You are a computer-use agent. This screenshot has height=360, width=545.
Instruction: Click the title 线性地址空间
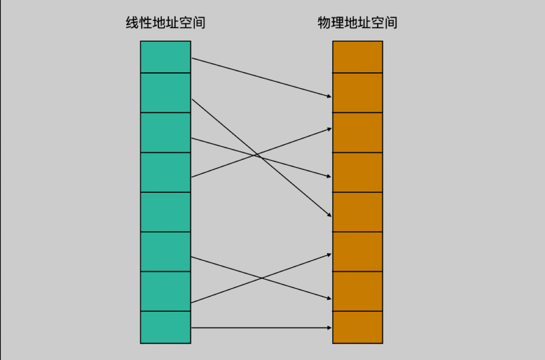tap(165, 22)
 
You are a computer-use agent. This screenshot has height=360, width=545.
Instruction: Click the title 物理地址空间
tap(357, 22)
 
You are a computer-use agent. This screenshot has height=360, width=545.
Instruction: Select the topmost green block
tap(165, 57)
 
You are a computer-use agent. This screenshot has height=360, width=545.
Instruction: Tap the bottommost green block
tap(165, 328)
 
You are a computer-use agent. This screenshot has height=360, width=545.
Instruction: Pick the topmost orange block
tap(358, 57)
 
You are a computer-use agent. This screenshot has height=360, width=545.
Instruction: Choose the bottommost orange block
tap(358, 328)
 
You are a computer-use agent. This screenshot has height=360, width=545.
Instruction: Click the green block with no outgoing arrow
tap(165, 212)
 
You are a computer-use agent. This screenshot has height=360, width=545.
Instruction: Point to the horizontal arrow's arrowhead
tap(329, 328)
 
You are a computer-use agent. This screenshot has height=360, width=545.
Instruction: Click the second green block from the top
tap(165, 93)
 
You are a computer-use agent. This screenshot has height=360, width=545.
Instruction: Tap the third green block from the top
tap(165, 133)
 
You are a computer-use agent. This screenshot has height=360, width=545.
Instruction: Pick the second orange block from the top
tap(358, 93)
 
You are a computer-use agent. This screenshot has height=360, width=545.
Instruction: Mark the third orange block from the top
tap(358, 133)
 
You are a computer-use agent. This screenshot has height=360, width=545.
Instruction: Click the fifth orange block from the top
tap(358, 212)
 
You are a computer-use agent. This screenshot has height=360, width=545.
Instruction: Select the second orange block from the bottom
tap(358, 291)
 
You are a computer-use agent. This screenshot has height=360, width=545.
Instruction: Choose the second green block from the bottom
tap(165, 291)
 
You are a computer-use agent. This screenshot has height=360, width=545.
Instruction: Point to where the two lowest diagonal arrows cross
tap(261, 278)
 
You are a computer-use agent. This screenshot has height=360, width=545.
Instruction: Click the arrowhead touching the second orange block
tap(329, 96)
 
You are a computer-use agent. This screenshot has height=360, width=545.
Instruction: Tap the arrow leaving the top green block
tap(262, 77)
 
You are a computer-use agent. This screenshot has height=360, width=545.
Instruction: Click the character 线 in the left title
tap(132, 22)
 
